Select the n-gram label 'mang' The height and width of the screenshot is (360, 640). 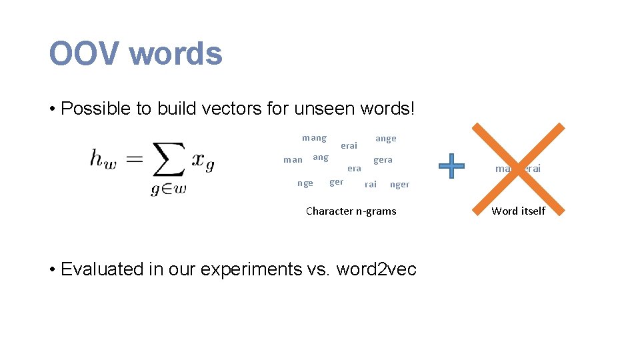[x=314, y=138]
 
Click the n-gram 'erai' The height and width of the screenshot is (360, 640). [x=349, y=145]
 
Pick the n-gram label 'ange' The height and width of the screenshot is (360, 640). [x=385, y=139]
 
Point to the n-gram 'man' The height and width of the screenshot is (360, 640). [x=293, y=160]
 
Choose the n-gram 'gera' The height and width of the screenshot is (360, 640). [x=383, y=160]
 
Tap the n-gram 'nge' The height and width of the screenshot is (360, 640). [x=305, y=183]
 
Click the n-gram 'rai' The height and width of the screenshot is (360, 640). [x=370, y=184]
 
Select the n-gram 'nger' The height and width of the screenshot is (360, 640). [x=399, y=185]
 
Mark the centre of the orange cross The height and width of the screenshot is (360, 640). [x=518, y=168]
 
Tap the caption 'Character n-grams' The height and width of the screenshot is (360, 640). [x=351, y=211]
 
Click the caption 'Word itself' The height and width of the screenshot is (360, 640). [x=518, y=211]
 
